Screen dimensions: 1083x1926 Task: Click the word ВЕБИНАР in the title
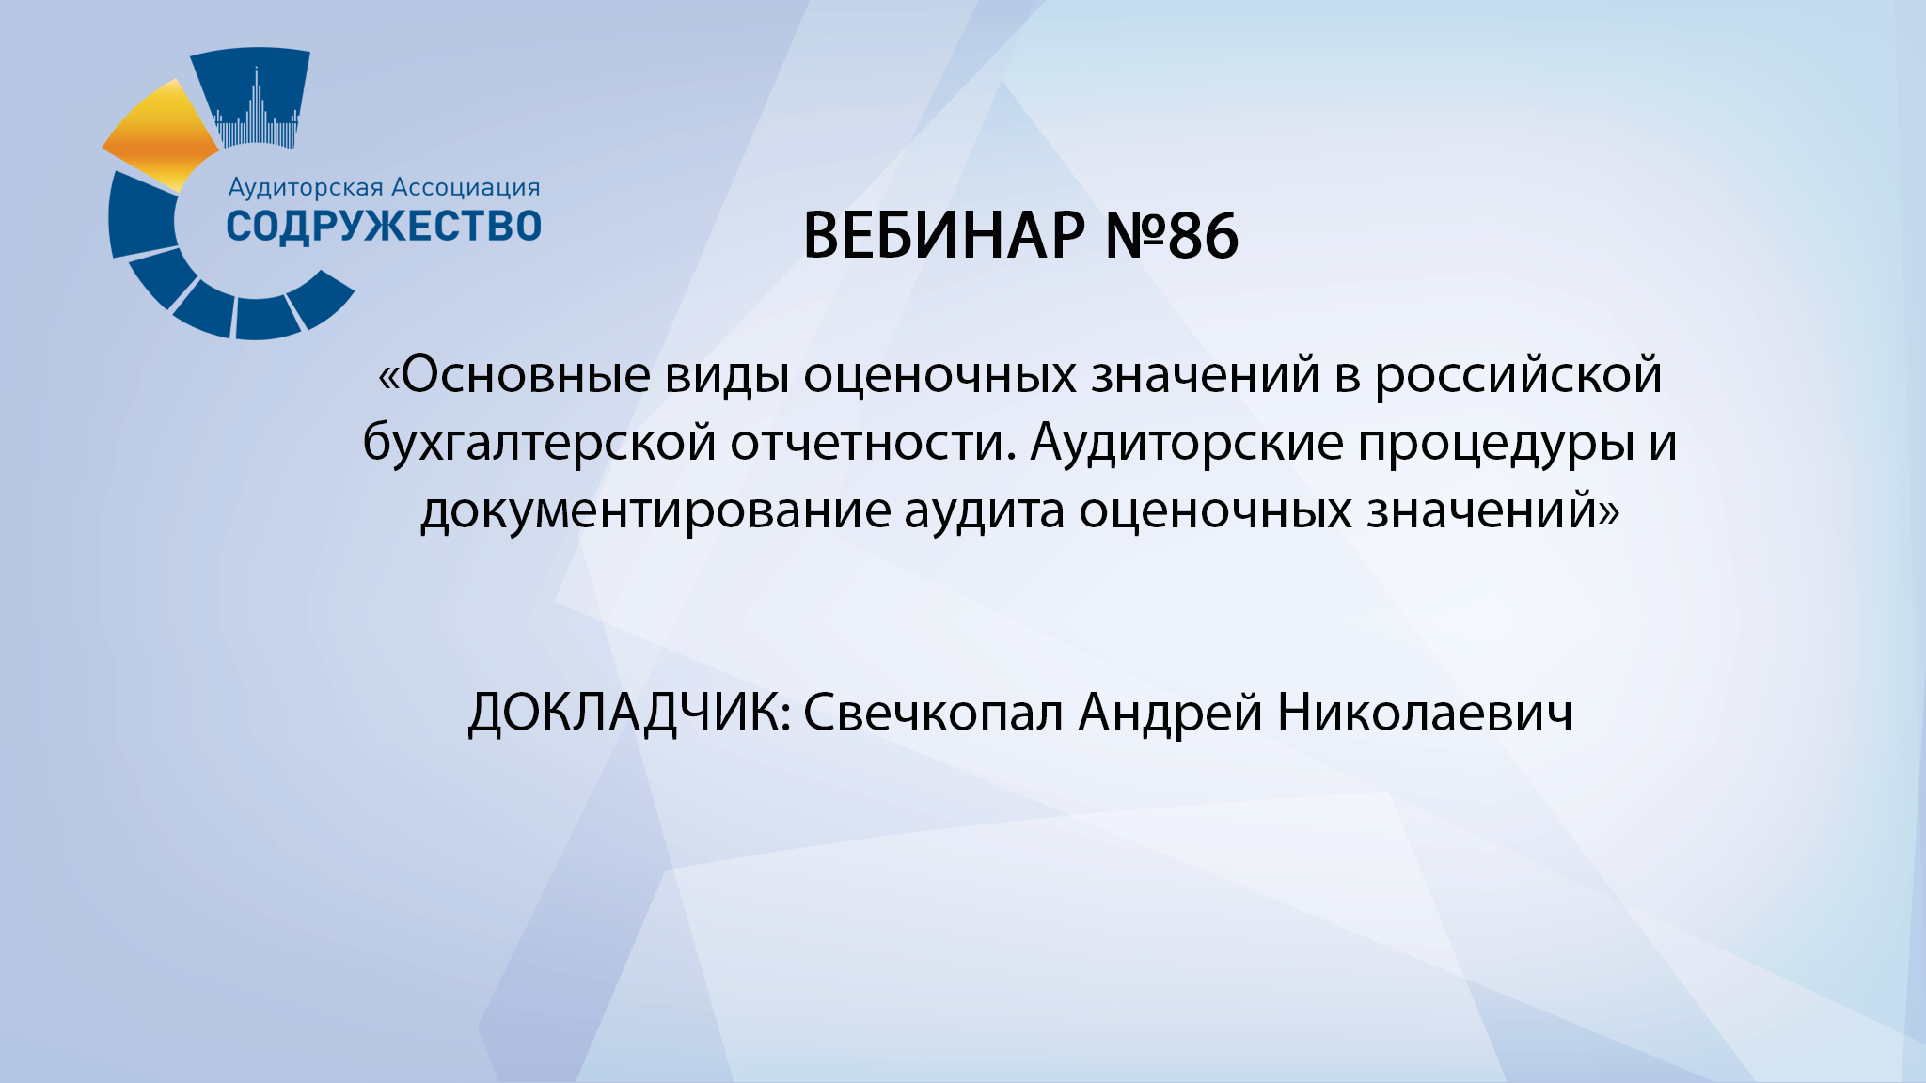[x=943, y=235]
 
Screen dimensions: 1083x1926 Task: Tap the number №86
[x=1172, y=235]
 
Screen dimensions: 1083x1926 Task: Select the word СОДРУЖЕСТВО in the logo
[x=384, y=227]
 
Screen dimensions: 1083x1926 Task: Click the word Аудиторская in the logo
[x=307, y=187]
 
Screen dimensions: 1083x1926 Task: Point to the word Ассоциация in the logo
[x=466, y=187]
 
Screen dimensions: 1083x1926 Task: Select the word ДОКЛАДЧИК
[x=628, y=713]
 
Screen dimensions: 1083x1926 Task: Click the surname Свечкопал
[x=933, y=713]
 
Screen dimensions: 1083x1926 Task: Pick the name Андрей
[x=1170, y=713]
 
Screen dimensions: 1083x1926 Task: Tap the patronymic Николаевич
[x=1424, y=713]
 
